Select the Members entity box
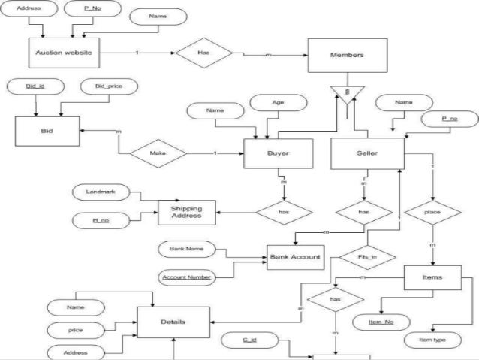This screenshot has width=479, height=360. click(347, 56)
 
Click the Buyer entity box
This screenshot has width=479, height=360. click(278, 153)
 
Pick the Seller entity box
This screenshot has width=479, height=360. click(368, 153)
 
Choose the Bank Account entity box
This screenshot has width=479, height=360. click(295, 257)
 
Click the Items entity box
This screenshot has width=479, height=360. click(432, 278)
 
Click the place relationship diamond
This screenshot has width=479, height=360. click(432, 212)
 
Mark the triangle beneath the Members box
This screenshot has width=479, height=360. click(347, 94)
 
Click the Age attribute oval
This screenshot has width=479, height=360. click(278, 102)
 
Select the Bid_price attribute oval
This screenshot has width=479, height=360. click(104, 86)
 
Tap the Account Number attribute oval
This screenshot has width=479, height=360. click(188, 277)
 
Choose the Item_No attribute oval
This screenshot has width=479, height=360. click(383, 322)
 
